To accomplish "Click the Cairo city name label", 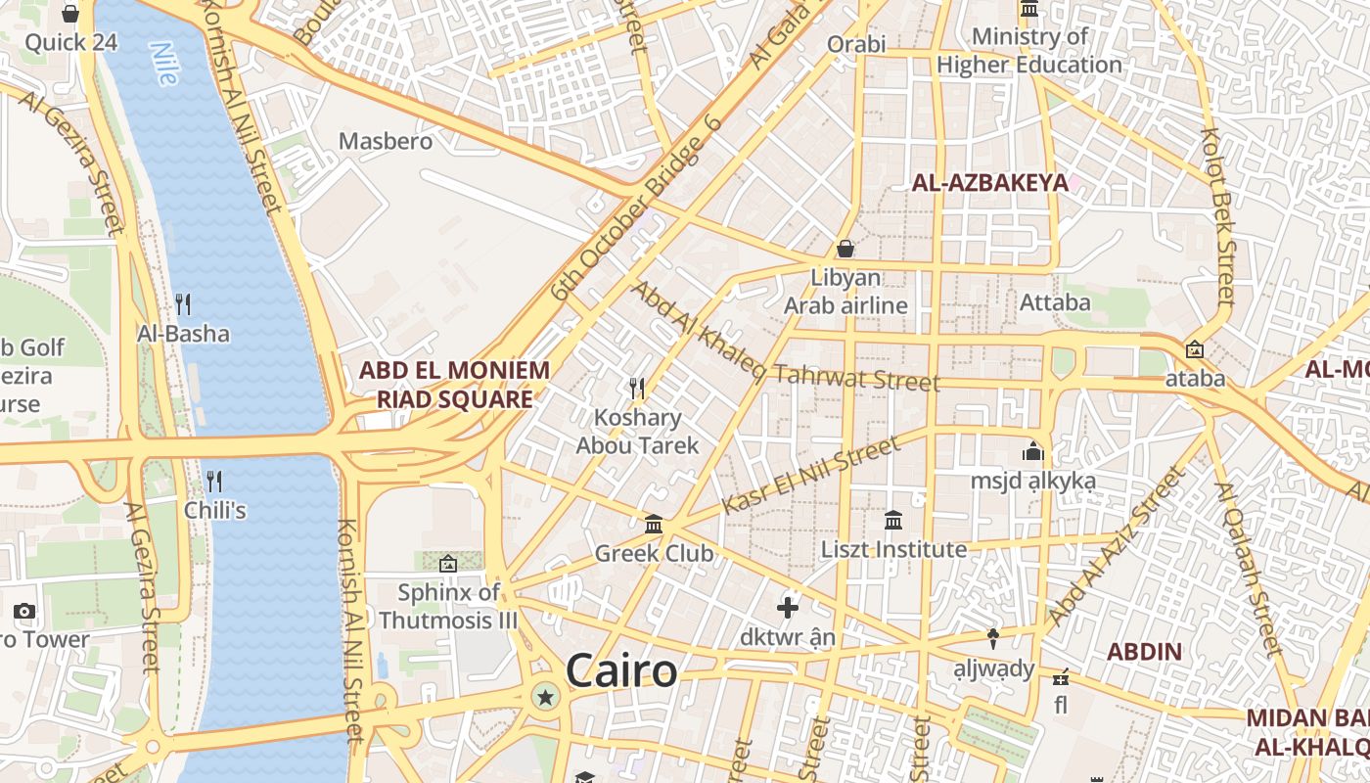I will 621,671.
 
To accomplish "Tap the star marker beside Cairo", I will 545,698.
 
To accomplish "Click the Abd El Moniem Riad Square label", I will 454,385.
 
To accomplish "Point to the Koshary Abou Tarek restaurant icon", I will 637,389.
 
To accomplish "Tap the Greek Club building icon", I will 654,525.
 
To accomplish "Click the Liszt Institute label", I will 893,549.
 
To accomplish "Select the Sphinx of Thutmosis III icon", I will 448,564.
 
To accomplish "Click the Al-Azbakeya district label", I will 989,182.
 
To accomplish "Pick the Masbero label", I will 385,141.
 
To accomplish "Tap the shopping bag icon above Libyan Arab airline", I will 845,249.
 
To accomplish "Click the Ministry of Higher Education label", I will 1029,51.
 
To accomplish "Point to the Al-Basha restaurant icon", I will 182,304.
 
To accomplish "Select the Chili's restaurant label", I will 214,510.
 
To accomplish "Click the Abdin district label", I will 1144,651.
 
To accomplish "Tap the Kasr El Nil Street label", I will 810,477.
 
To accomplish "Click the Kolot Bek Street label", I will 1218,215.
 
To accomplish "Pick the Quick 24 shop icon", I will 70,14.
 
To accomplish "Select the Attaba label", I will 1055,302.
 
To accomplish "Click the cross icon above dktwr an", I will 788,608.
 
